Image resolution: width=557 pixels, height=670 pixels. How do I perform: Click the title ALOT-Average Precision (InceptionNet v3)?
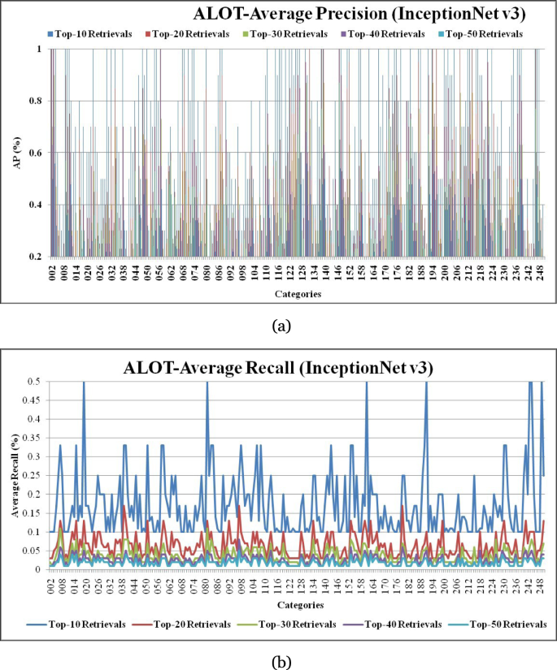(x=353, y=14)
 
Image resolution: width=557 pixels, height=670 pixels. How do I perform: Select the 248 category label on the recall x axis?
(x=540, y=585)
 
